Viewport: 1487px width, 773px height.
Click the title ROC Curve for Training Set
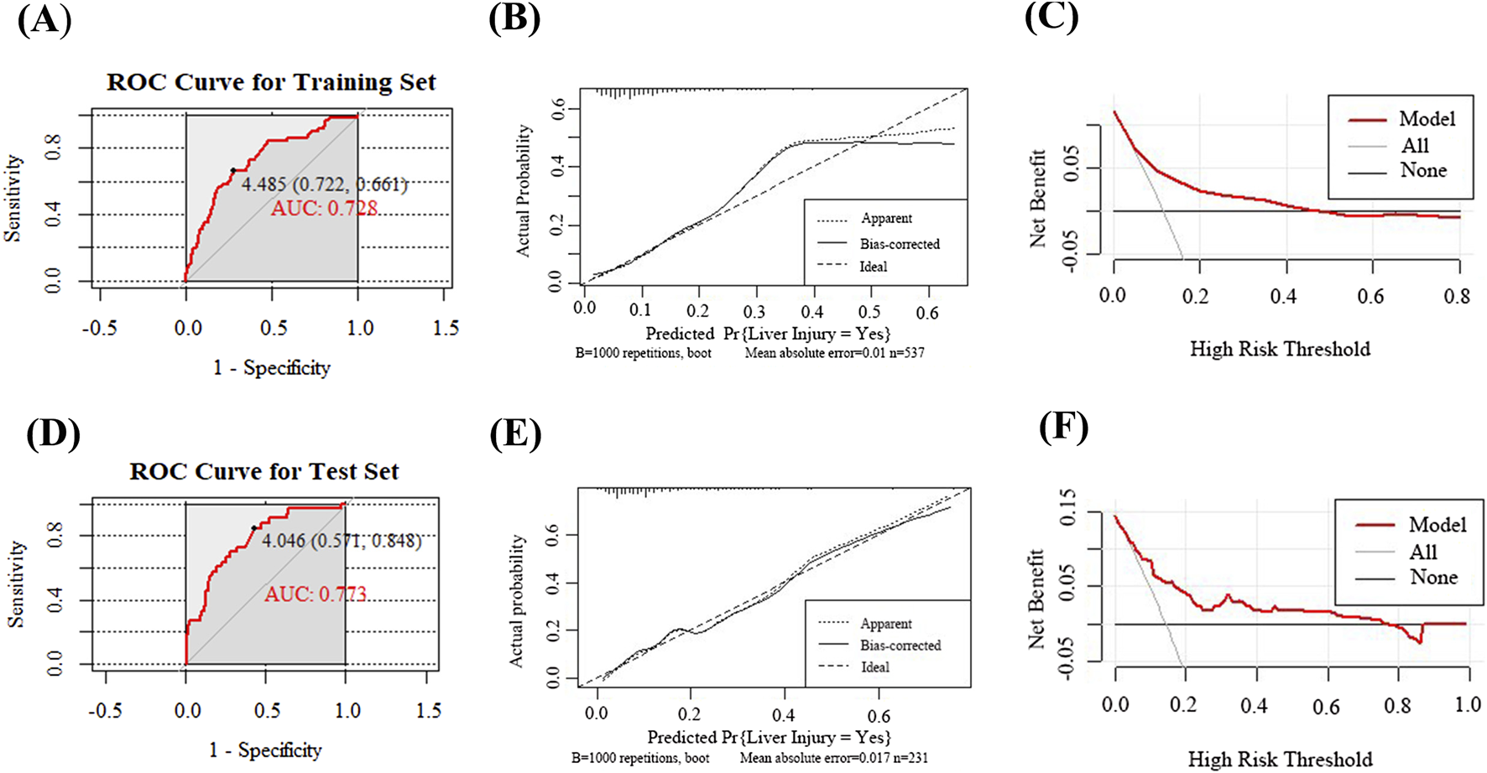pyautogui.click(x=271, y=82)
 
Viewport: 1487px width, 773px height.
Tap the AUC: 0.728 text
pyautogui.click(x=324, y=208)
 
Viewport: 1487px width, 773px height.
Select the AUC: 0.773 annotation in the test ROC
pyautogui.click(x=316, y=594)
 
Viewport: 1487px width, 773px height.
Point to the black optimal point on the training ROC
pyautogui.click(x=233, y=170)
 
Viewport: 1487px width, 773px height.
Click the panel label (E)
pyautogui.click(x=514, y=433)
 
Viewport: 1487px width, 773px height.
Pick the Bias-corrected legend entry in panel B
pyautogui.click(x=899, y=244)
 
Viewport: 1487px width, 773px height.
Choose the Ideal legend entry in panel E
pyautogui.click(x=874, y=667)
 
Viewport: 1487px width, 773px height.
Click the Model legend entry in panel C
pyautogui.click(x=1426, y=119)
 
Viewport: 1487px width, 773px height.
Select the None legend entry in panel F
pyautogui.click(x=1433, y=577)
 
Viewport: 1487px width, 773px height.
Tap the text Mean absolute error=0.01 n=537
pyautogui.click(x=834, y=353)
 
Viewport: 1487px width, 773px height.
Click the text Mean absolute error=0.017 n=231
pyautogui.click(x=833, y=758)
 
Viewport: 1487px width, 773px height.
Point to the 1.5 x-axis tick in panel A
pyautogui.click(x=446, y=328)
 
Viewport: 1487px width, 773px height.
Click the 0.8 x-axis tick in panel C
pyautogui.click(x=1457, y=295)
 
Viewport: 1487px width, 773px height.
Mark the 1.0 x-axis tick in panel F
pyautogui.click(x=1467, y=704)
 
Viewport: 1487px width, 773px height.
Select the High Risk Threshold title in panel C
pyautogui.click(x=1280, y=349)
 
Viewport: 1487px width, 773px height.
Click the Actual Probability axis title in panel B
pyautogui.click(x=523, y=190)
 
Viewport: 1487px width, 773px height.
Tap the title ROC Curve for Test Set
pyautogui.click(x=263, y=471)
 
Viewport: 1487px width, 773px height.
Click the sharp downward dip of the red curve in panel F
pyautogui.click(x=1419, y=641)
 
